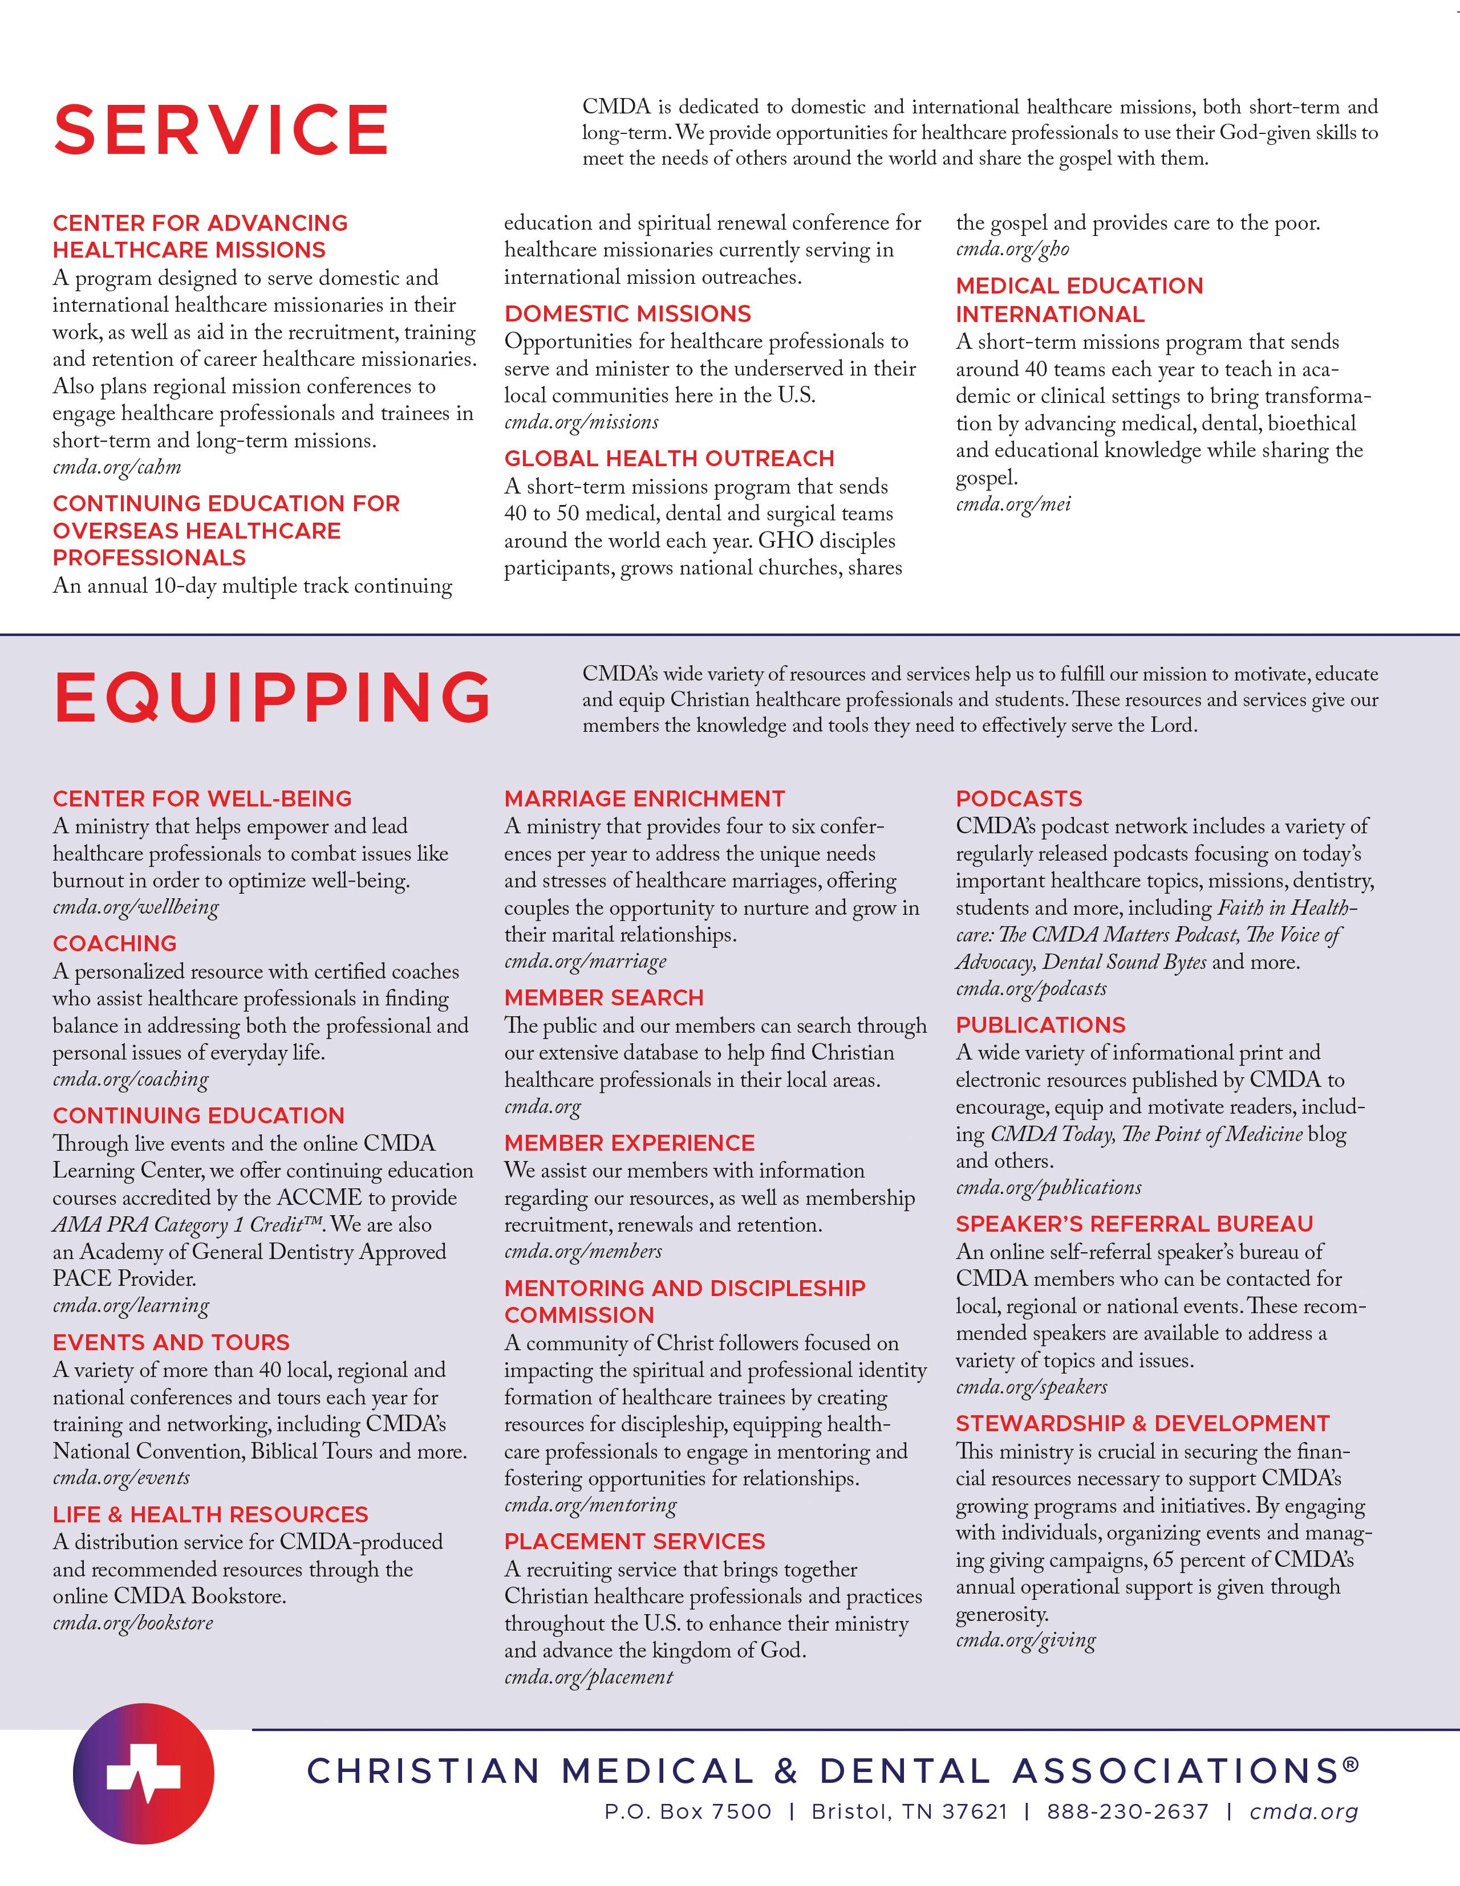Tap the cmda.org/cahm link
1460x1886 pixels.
(116, 468)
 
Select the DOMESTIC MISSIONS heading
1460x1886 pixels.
(628, 315)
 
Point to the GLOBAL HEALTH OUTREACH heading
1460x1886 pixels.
(670, 459)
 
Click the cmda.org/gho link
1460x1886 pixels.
(1012, 250)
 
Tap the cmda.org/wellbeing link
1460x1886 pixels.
(136, 907)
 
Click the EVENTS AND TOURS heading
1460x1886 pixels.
(171, 1343)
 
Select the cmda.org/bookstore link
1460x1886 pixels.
(132, 1623)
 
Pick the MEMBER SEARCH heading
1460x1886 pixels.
(604, 998)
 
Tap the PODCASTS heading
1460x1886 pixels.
(1019, 799)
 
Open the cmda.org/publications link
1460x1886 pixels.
(1048, 1188)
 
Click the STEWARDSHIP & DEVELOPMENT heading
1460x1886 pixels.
(1142, 1424)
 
